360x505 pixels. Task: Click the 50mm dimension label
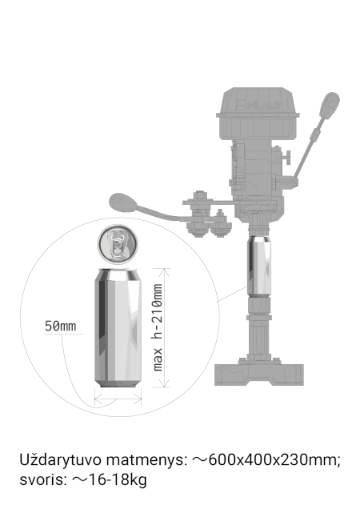(61, 326)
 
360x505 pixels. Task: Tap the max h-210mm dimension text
(158, 327)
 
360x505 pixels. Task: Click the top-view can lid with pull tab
(118, 244)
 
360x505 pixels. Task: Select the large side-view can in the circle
(118, 327)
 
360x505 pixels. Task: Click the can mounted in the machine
(259, 266)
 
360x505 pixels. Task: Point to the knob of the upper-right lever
(330, 106)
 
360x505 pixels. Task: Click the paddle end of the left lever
(123, 202)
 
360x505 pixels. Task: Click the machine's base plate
(259, 375)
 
